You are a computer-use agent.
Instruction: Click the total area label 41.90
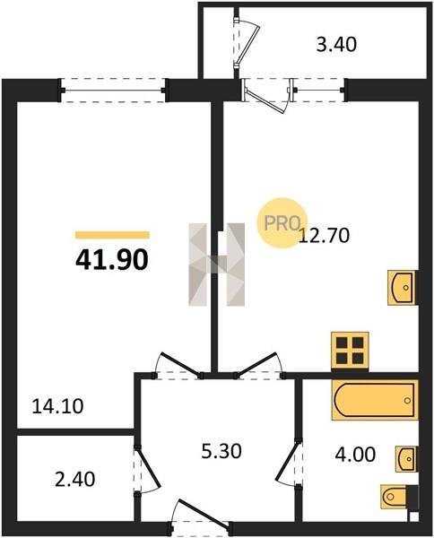(112, 260)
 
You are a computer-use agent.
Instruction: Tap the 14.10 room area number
(57, 406)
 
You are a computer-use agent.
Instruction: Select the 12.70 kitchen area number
(325, 236)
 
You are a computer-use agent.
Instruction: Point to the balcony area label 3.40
(336, 45)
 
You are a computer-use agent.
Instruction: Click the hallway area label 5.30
(221, 451)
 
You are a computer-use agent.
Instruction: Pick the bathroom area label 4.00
(355, 455)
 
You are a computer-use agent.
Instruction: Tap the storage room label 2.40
(74, 480)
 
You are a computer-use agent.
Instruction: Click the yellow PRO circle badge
(282, 222)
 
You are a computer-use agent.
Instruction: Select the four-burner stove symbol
(350, 351)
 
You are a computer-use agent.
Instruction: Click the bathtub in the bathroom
(375, 400)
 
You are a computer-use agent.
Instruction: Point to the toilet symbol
(394, 496)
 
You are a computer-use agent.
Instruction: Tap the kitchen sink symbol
(402, 288)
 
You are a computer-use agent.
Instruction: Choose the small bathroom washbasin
(406, 459)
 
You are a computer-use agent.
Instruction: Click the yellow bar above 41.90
(112, 235)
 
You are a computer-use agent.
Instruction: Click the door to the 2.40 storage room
(146, 469)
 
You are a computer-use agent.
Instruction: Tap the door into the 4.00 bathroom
(290, 462)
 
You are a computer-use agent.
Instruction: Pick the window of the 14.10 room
(113, 91)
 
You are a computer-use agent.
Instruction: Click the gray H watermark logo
(217, 265)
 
